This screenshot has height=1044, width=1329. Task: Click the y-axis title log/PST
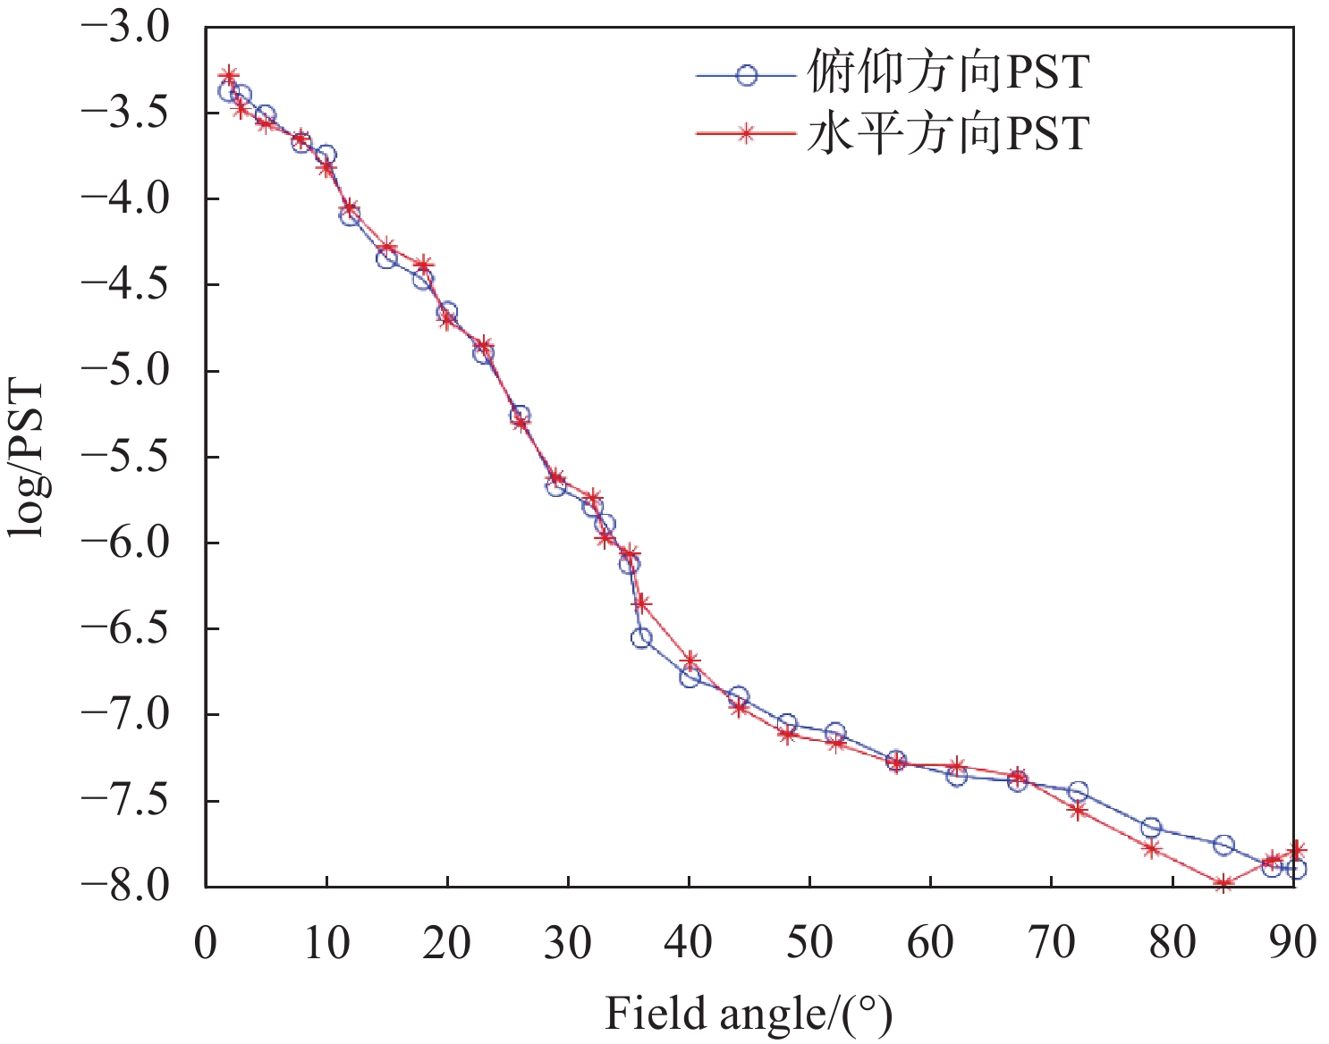pos(27,459)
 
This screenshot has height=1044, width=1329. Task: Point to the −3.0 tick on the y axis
pos(125,27)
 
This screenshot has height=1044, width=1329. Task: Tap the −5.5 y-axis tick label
pos(125,457)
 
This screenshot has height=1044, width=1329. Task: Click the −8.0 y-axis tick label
pos(125,886)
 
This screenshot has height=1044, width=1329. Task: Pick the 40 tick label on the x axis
pos(689,942)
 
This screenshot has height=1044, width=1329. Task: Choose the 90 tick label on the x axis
pos(1292,942)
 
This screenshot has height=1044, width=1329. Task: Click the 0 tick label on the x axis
pos(206,942)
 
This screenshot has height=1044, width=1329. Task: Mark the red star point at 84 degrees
pos(1223,884)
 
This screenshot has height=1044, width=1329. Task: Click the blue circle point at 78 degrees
pos(1151,828)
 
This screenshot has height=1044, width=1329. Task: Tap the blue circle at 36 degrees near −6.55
pos(641,638)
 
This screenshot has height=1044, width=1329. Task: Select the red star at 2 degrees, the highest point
pos(230,75)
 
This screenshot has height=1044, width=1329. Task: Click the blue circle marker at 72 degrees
pos(1078,792)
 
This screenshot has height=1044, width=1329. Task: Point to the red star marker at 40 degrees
pos(690,661)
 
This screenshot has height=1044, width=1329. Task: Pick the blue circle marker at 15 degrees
pos(386,258)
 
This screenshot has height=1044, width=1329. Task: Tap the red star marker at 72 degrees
pos(1078,811)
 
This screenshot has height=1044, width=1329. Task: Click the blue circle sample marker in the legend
pos(746,76)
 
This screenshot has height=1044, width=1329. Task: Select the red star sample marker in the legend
pos(746,134)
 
